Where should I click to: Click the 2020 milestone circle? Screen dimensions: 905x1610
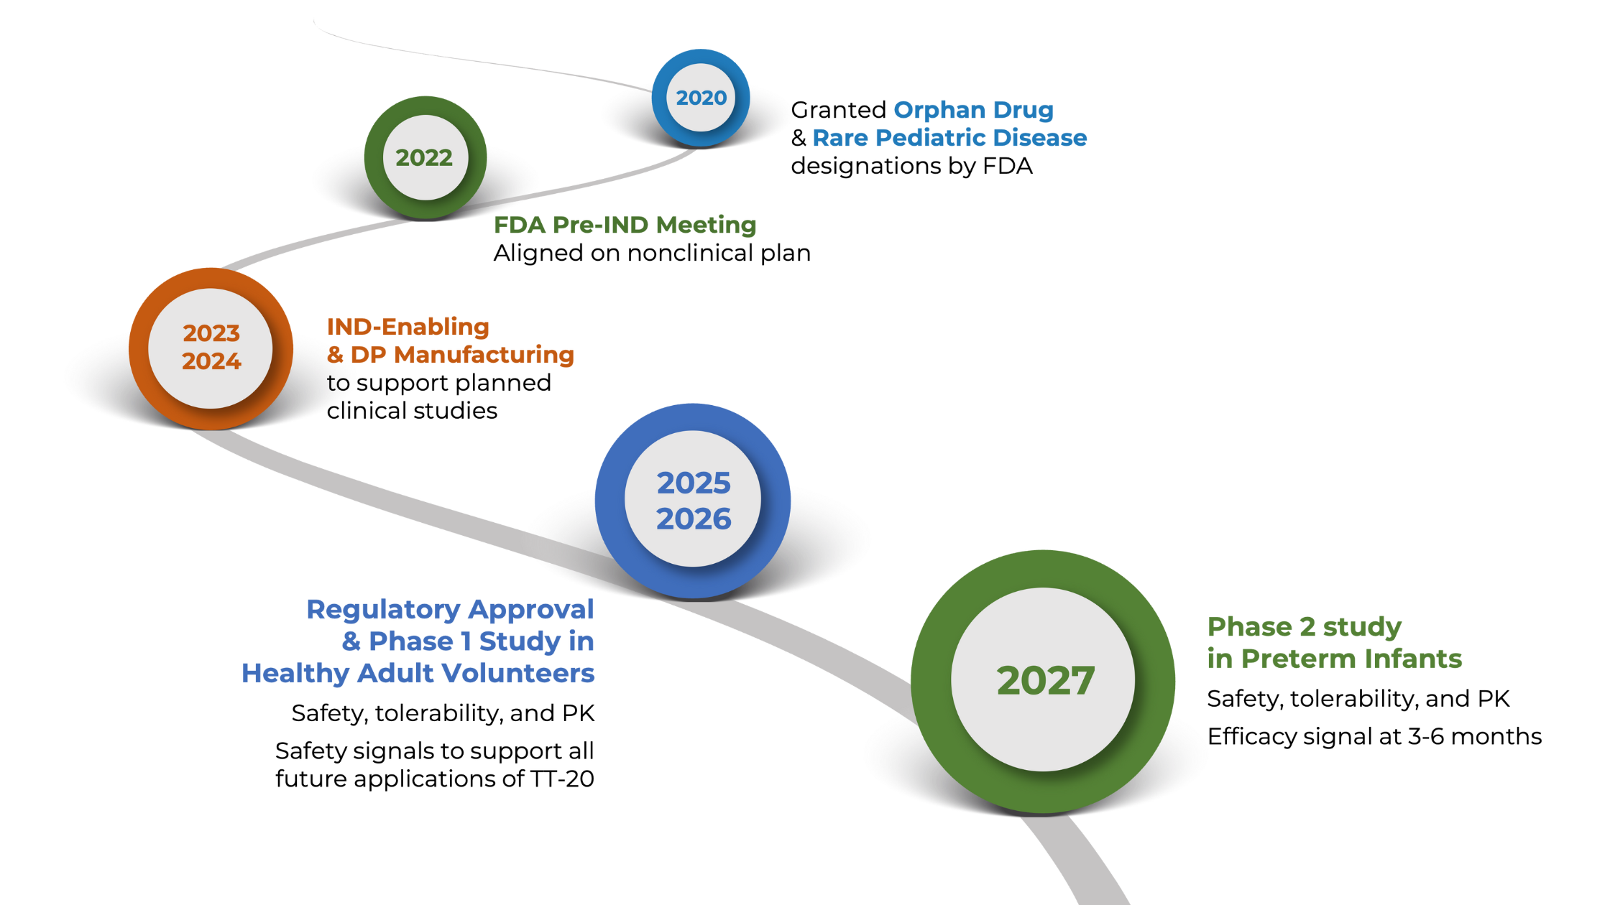[701, 98]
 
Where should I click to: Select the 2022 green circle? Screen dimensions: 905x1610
[425, 157]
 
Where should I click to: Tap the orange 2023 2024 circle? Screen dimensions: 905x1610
[211, 348]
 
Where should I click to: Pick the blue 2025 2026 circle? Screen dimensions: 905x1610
[693, 501]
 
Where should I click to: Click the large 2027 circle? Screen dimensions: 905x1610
[1044, 680]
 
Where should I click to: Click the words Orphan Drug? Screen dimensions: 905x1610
[973, 111]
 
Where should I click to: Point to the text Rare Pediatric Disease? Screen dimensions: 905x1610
[949, 138]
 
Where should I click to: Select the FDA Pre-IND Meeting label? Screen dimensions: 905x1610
[625, 226]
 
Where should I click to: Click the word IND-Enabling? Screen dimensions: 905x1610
[408, 328]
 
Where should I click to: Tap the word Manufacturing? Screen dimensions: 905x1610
[484, 355]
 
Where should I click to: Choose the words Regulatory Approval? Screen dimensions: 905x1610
[450, 610]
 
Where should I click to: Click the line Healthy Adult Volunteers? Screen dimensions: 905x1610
[418, 673]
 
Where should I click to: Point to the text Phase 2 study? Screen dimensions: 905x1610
[1304, 627]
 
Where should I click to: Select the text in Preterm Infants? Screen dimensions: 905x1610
[1335, 659]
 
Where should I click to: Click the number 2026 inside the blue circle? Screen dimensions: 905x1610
[694, 519]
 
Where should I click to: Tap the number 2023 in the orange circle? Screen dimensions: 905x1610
[211, 333]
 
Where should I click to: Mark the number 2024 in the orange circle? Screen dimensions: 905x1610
[211, 361]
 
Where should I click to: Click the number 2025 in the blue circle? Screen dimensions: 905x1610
[694, 483]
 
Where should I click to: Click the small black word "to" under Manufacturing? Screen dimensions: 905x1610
[338, 384]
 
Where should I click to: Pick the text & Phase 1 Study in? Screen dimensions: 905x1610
[468, 641]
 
